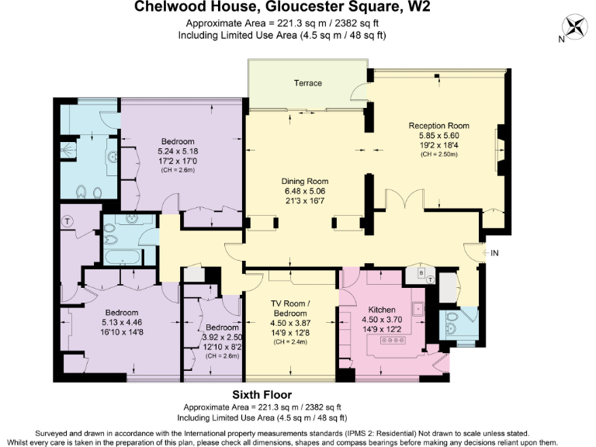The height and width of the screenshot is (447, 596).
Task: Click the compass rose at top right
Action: tap(575, 27)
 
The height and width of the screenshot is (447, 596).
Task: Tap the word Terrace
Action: tap(307, 83)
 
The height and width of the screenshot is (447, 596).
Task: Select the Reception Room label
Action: tap(439, 126)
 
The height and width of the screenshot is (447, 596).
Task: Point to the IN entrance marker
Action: tap(494, 253)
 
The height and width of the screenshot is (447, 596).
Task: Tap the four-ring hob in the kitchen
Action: tap(392, 341)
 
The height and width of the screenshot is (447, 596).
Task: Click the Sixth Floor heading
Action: tap(262, 394)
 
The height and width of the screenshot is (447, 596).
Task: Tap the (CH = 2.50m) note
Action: tap(439, 154)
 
